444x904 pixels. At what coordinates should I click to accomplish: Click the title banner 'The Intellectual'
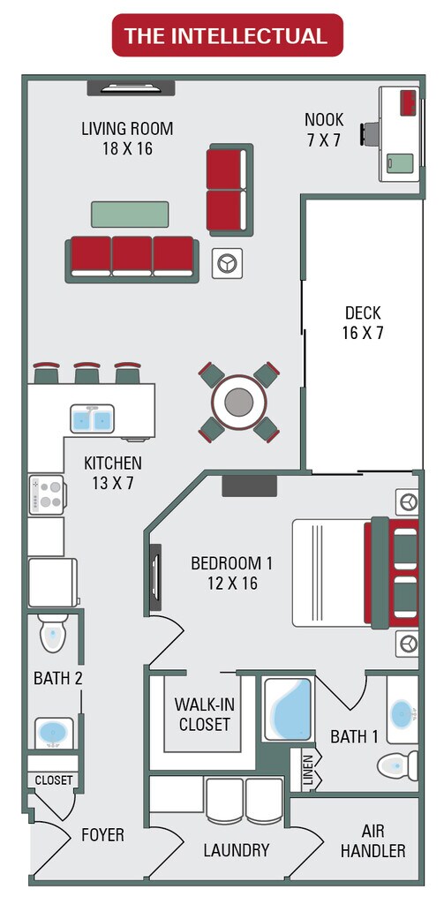click(x=226, y=35)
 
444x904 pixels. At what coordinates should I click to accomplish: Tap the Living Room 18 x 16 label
click(x=127, y=139)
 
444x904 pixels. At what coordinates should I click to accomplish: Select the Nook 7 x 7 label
click(x=323, y=130)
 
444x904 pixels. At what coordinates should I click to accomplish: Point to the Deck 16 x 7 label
click(x=363, y=323)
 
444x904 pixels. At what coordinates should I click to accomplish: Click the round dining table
click(x=238, y=403)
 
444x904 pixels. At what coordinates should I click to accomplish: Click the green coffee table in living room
click(x=130, y=215)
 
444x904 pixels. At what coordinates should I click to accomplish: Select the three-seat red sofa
click(x=132, y=257)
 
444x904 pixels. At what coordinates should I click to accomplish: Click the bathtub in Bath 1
click(x=289, y=710)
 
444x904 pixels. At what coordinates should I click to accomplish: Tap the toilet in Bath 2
click(x=52, y=634)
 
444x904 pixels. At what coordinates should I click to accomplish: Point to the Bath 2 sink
click(x=54, y=733)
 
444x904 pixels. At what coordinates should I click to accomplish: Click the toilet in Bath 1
click(x=396, y=765)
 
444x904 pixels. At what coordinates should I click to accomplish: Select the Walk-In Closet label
click(x=202, y=714)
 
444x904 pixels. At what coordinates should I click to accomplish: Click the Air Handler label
click(x=373, y=841)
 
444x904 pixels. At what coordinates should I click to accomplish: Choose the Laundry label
click(x=236, y=850)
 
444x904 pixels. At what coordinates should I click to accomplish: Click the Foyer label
click(x=102, y=834)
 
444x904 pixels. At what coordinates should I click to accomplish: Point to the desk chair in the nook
click(x=369, y=133)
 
